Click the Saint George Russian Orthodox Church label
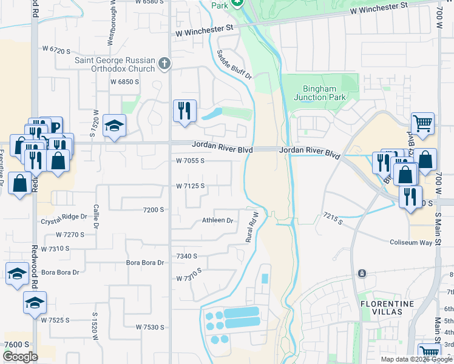click(x=115, y=64)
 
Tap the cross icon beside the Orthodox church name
click(x=164, y=63)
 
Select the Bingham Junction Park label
click(x=319, y=93)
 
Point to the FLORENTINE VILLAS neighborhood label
click(x=387, y=308)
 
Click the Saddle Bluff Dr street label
click(x=234, y=64)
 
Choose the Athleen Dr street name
click(x=217, y=221)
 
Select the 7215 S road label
click(x=333, y=218)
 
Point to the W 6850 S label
click(x=124, y=81)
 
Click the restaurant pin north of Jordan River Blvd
click(x=185, y=111)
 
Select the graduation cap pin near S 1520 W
click(x=114, y=126)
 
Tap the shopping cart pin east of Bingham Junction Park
click(x=422, y=124)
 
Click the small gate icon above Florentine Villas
click(x=362, y=273)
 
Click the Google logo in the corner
click(x=20, y=357)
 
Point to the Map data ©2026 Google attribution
click(x=416, y=359)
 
